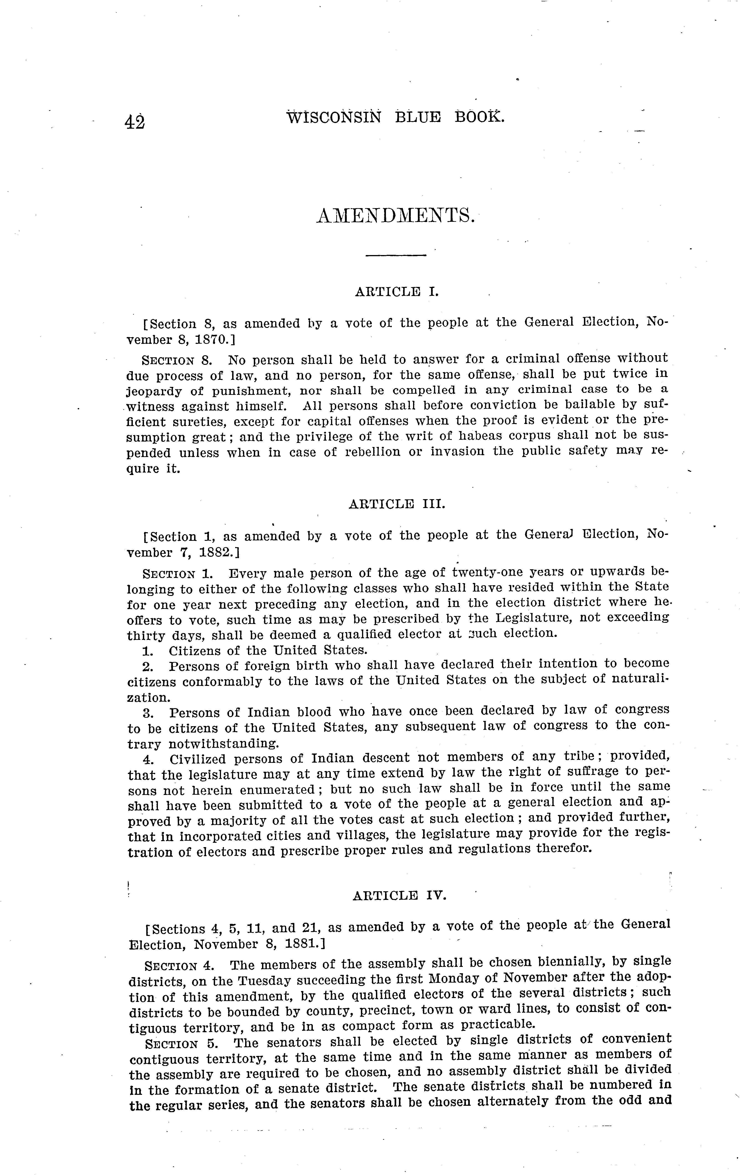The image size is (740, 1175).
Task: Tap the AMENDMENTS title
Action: point(395,215)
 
